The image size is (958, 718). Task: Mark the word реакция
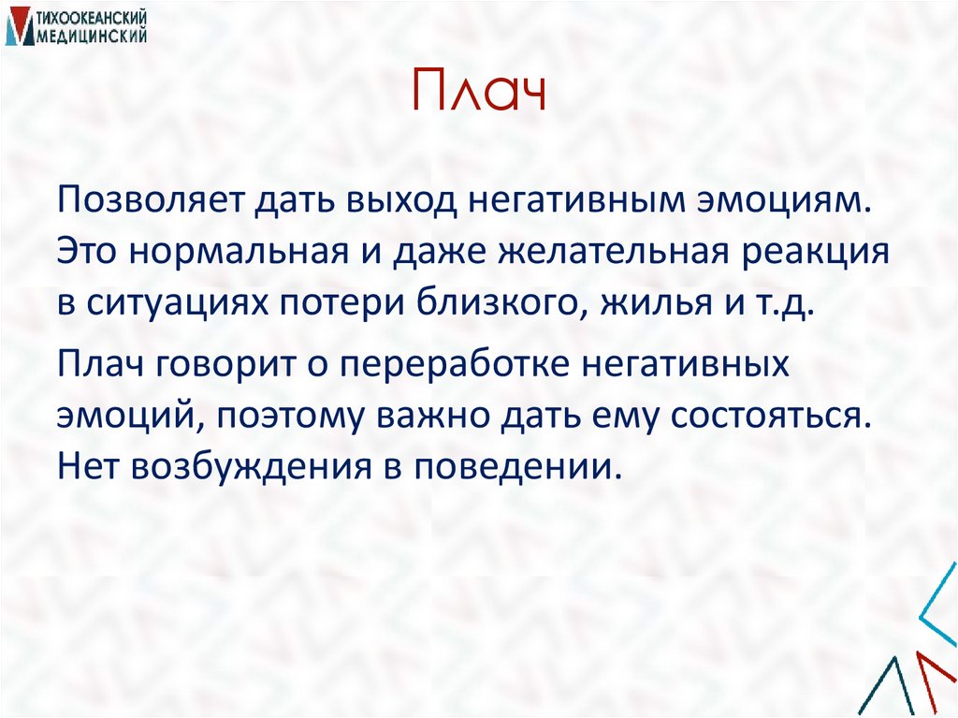click(x=811, y=254)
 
